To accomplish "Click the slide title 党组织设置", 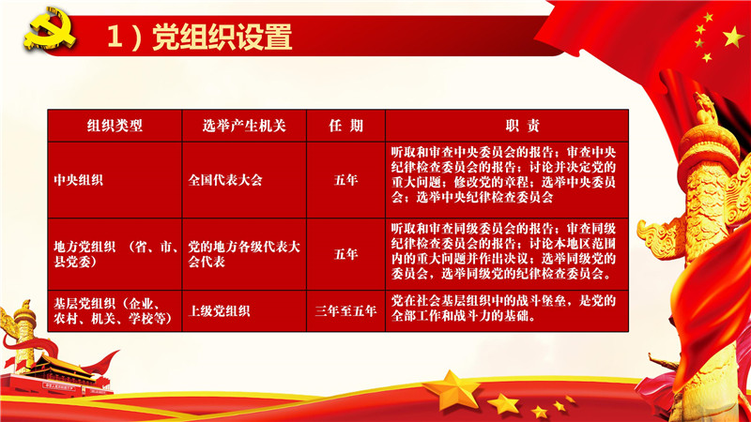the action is (222, 37).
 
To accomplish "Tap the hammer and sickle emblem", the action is (50, 29).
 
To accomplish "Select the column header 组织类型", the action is (115, 126).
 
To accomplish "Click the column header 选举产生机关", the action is (244, 126).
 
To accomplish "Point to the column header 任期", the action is (345, 126).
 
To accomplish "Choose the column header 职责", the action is (523, 126).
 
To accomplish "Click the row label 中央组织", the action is (78, 180).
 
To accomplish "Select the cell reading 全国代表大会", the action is (225, 180).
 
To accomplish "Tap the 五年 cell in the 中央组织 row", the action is (345, 180).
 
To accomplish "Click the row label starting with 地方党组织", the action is (115, 254).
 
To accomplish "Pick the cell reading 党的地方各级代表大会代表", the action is (244, 254).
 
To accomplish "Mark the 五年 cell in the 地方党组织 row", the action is (345, 254).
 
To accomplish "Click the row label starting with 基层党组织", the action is (113, 311).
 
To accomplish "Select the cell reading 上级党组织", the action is (219, 311).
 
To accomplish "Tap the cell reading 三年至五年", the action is (345, 311).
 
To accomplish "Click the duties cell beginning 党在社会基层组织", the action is (503, 309).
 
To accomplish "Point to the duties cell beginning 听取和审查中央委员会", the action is (503, 174).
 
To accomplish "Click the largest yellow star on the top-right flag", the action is (733, 37).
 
